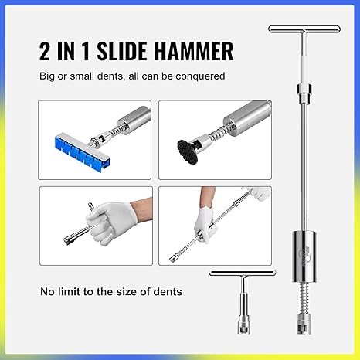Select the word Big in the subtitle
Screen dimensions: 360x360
point(49,77)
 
